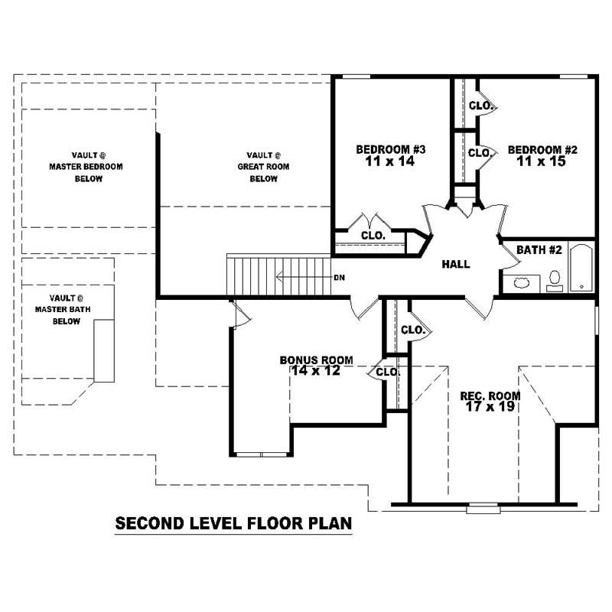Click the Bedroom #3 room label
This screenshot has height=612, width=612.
tap(391, 149)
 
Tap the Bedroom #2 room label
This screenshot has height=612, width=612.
tap(542, 149)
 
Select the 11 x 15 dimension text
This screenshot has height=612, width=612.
tap(542, 161)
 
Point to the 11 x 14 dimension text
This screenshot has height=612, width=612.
tap(391, 161)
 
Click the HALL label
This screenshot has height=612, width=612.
tap(456, 264)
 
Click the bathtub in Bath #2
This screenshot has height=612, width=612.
tap(581, 268)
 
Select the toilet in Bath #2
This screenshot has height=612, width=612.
tap(555, 280)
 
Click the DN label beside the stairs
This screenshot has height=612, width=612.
tap(340, 277)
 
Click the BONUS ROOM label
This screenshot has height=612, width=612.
tap(316, 360)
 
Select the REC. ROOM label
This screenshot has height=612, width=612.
tap(490, 396)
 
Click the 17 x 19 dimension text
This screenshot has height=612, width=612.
tap(490, 407)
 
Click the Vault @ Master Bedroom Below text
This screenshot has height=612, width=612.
tap(86, 166)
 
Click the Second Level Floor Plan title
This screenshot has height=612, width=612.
tap(233, 524)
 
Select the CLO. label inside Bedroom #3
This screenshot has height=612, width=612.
tap(372, 236)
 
